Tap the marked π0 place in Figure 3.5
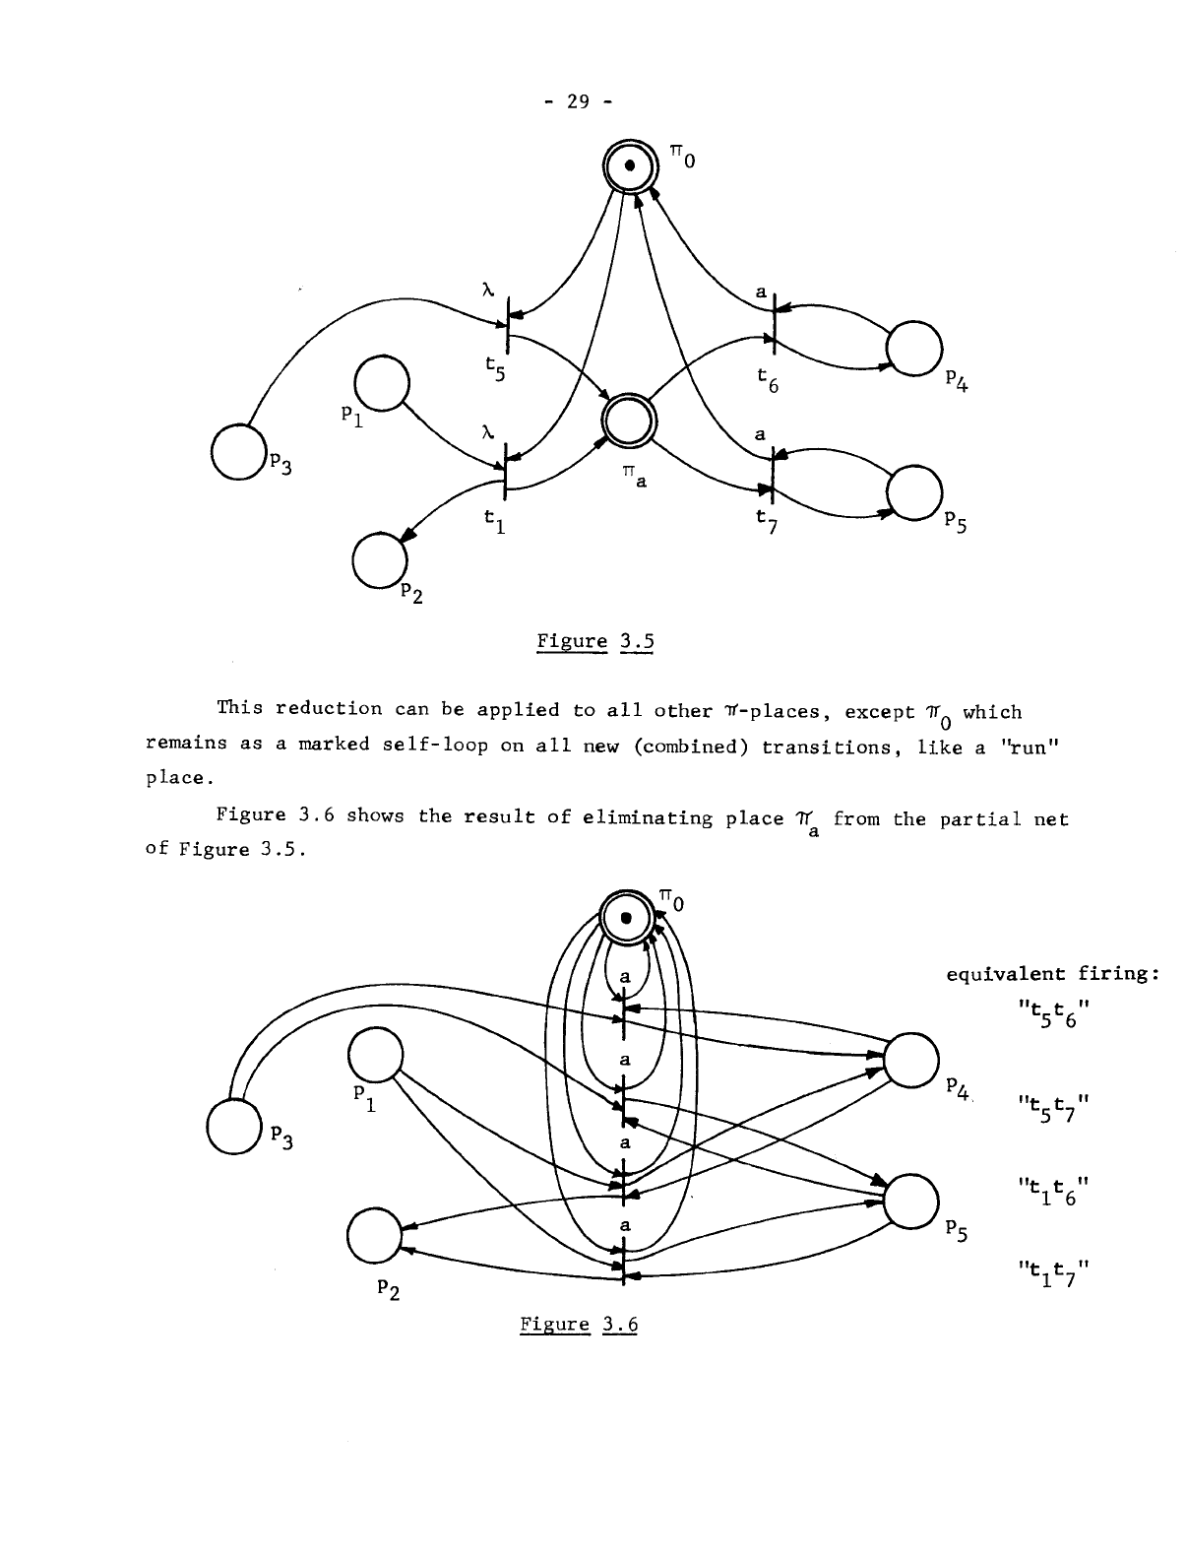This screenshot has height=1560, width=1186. click(626, 172)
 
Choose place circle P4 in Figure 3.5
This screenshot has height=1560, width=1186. click(914, 347)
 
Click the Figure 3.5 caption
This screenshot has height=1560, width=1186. click(594, 643)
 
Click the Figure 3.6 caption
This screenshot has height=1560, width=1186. click(579, 1325)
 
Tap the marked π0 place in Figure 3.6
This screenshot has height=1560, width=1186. click(626, 917)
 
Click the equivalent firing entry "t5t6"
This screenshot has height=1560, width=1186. click(1052, 1014)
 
